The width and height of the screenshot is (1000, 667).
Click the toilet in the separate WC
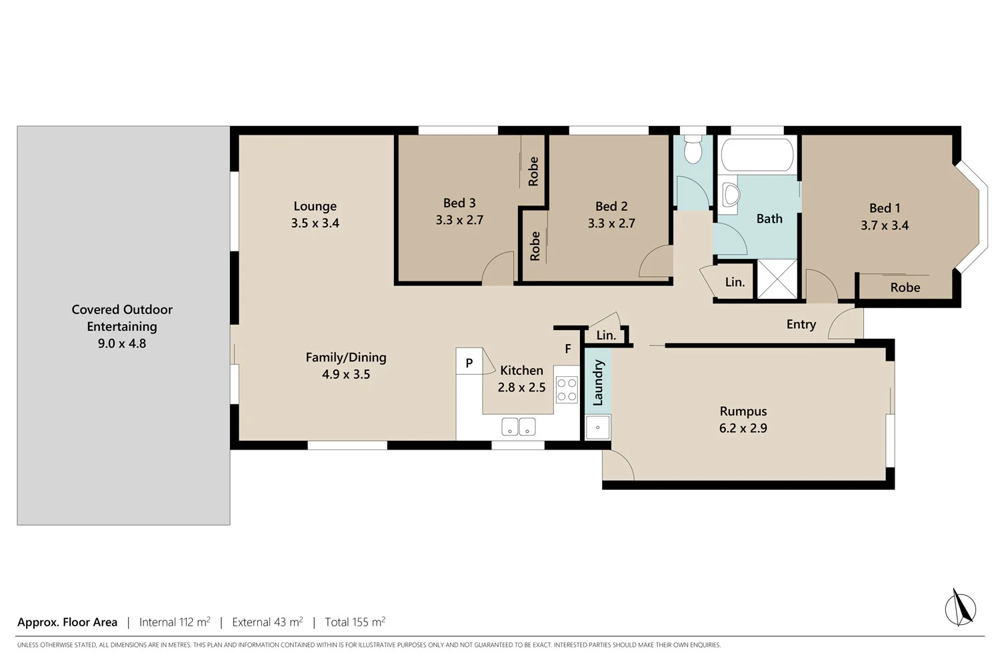pyautogui.click(x=693, y=151)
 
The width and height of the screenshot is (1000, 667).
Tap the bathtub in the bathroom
pyautogui.click(x=757, y=155)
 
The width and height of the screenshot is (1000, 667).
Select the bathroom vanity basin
pyautogui.click(x=731, y=195)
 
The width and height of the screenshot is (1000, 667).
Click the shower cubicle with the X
pyautogui.click(x=777, y=279)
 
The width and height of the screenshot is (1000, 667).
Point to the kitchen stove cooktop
pyautogui.click(x=567, y=390)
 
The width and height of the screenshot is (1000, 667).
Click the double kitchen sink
pyautogui.click(x=518, y=427)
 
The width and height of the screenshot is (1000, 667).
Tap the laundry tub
pyautogui.click(x=597, y=428)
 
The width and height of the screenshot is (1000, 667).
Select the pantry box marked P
pyautogui.click(x=469, y=362)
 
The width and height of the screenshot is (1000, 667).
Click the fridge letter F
pyautogui.click(x=568, y=349)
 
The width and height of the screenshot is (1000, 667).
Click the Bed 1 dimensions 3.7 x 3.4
pyautogui.click(x=885, y=225)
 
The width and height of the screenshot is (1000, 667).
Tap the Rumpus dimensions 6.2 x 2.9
pyautogui.click(x=743, y=428)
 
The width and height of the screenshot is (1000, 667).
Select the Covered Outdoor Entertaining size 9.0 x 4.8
pyautogui.click(x=122, y=344)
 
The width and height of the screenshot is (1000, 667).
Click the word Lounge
pyautogui.click(x=315, y=206)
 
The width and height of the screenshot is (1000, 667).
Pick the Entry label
pyautogui.click(x=801, y=324)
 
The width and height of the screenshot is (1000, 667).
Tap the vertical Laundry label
pyautogui.click(x=598, y=383)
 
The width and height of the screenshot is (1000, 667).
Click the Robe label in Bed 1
pyautogui.click(x=905, y=287)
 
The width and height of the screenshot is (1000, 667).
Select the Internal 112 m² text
pyautogui.click(x=175, y=622)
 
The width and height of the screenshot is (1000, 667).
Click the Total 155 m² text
pyautogui.click(x=355, y=622)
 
